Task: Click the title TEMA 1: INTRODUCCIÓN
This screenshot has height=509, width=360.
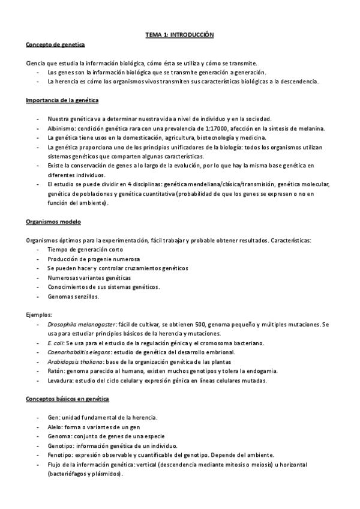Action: (180, 35)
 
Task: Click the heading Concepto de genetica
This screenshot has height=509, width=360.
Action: (56, 45)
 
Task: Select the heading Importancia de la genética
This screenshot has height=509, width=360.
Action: (62, 100)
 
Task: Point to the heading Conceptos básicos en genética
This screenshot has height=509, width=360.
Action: (66, 399)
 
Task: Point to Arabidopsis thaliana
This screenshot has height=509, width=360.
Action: (76, 362)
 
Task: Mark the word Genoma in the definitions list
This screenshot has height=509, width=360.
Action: (59, 436)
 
